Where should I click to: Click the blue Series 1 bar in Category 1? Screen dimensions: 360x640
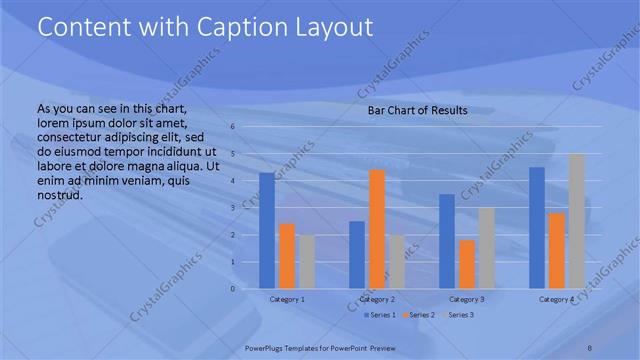(x=267, y=231)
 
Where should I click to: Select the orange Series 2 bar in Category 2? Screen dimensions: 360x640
(x=377, y=229)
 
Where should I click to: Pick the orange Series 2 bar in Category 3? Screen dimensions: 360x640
(x=467, y=264)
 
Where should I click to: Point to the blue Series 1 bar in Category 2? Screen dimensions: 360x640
(x=357, y=255)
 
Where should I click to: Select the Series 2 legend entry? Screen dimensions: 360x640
(x=421, y=315)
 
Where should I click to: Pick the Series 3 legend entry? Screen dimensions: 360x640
(x=459, y=315)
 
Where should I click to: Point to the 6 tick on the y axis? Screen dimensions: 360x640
(x=231, y=127)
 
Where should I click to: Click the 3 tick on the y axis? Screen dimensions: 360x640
(x=231, y=208)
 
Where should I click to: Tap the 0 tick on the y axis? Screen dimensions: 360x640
(x=231, y=289)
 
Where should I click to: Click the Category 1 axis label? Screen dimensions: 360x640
(x=287, y=299)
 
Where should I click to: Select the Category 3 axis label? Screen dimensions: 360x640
(x=467, y=299)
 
